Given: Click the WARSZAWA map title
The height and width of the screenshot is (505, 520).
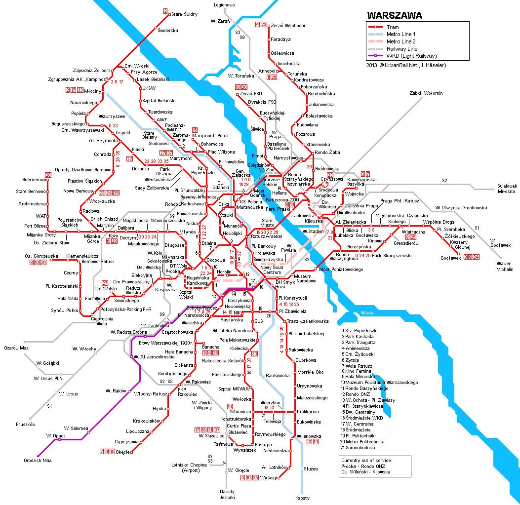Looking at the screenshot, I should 394,15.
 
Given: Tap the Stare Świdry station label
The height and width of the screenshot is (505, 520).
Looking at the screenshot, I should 184,14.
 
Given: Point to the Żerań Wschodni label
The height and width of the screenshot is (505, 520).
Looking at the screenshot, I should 288,25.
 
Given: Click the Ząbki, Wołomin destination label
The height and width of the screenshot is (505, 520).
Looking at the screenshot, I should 426,93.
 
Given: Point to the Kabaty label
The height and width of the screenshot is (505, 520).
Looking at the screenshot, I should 302,498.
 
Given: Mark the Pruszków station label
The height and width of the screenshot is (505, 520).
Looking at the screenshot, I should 26,424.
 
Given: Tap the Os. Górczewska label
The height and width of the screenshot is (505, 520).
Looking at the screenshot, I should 41,256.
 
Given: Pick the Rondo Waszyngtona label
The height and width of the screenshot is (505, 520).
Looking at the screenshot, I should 346,257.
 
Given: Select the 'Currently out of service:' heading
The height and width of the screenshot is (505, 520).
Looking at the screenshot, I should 366,460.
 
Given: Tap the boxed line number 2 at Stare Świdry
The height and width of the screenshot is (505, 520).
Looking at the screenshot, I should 165,11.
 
